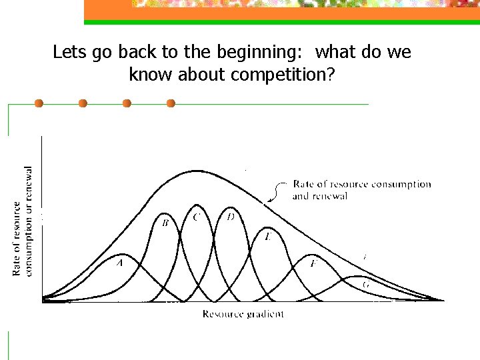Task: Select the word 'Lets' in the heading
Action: click(x=67, y=52)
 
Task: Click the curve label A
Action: click(x=121, y=263)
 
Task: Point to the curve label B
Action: click(x=165, y=223)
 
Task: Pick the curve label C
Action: click(x=196, y=217)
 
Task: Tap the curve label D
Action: click(x=231, y=217)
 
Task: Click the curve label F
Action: click(x=313, y=263)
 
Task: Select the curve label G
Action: click(x=366, y=285)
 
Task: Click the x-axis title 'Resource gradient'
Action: click(x=243, y=314)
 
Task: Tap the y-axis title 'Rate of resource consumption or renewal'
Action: click(x=22, y=221)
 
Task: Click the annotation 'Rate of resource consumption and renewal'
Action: click(x=361, y=189)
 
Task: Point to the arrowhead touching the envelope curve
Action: click(x=269, y=199)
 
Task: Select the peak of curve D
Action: click(x=231, y=205)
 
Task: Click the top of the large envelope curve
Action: click(x=194, y=170)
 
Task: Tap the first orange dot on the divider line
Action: click(x=39, y=103)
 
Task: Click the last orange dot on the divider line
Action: click(x=171, y=103)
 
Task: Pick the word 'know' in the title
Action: click(x=151, y=75)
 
